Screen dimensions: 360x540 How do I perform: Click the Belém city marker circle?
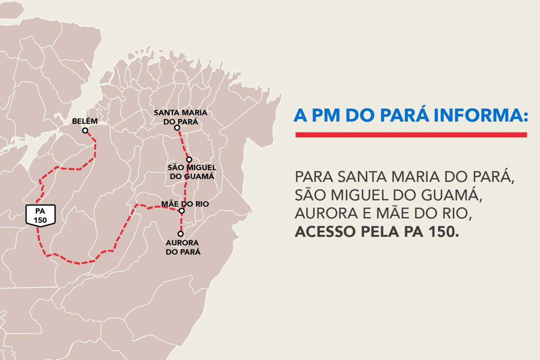tap(85, 130)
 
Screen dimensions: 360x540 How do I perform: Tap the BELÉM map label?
tap(85, 121)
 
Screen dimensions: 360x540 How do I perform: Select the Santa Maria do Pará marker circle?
tap(177, 127)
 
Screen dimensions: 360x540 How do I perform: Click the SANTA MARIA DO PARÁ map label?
tap(180, 117)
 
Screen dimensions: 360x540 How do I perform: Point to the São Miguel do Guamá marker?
tap(189, 159)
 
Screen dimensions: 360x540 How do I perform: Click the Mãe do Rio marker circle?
tap(182, 211)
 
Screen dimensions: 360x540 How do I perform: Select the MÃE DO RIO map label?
tap(185, 204)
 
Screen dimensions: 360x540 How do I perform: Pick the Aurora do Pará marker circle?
tap(181, 234)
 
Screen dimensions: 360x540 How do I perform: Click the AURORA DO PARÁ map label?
tap(183, 247)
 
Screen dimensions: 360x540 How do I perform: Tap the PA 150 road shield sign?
tap(41, 215)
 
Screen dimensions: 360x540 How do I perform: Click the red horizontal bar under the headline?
tap(411, 135)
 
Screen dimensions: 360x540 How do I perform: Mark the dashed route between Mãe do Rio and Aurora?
tap(181, 223)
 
